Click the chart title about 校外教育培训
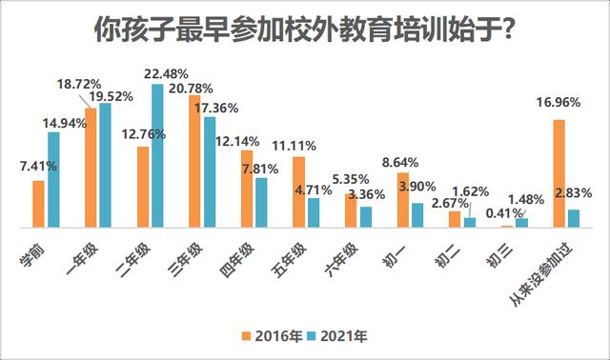click(305, 30)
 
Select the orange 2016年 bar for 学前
click(38, 204)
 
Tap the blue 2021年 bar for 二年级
click(157, 156)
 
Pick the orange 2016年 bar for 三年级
click(194, 161)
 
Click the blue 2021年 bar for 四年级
click(261, 203)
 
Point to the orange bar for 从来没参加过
click(559, 173)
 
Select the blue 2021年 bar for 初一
click(417, 215)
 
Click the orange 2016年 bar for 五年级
click(298, 192)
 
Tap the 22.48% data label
click(166, 73)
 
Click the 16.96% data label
click(559, 102)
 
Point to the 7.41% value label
click(38, 166)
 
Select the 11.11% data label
click(294, 146)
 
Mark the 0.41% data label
click(504, 213)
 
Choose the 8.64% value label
click(400, 162)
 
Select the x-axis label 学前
click(32, 255)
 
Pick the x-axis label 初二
click(447, 256)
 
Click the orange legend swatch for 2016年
click(246, 336)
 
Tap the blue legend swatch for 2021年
click(312, 336)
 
